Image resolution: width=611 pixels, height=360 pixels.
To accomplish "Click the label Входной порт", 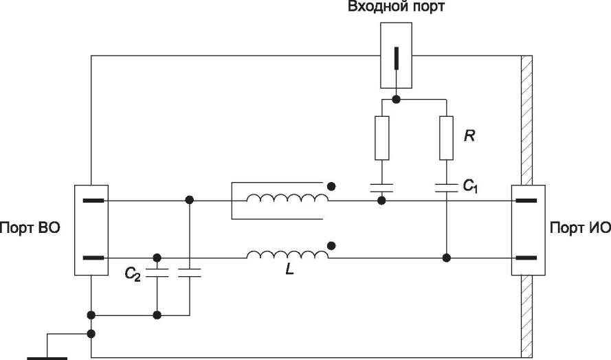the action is pos(396,7).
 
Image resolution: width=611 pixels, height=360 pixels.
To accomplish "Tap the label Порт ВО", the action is pos(30,227).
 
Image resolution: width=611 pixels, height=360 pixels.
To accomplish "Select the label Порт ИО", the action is pos(580,227).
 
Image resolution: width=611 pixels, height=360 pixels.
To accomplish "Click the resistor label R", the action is pos(469,135).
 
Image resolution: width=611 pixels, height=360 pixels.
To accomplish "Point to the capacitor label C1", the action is pos(470,186).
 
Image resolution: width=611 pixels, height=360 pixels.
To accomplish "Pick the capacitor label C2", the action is pos(133,274).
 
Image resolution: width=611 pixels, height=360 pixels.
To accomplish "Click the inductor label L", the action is pos(289,269).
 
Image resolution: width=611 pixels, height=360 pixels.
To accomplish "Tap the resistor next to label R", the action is pos(446,138).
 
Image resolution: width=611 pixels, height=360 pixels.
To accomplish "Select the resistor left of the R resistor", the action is pos(382,138).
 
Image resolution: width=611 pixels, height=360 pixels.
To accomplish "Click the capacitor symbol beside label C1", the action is pos(446,188).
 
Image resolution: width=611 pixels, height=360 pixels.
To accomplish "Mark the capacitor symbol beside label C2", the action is pos(157,273).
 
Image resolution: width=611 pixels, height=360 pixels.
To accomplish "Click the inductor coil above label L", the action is pos(287,254).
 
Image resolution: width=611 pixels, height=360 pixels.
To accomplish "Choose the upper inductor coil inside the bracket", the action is pos(287,198).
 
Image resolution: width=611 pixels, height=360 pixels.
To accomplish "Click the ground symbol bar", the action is pos(47,358).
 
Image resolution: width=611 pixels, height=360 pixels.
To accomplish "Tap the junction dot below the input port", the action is pos(397,100).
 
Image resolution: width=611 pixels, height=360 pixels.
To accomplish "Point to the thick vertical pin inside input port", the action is pos(397,58).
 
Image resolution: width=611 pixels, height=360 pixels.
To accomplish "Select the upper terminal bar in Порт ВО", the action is pos(93,201).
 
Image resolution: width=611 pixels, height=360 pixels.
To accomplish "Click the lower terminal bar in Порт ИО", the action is pos(526,258).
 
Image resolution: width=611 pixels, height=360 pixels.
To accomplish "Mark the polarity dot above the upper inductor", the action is pos(331,187).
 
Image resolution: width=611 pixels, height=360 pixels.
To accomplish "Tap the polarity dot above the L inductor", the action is pos(331,245).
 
